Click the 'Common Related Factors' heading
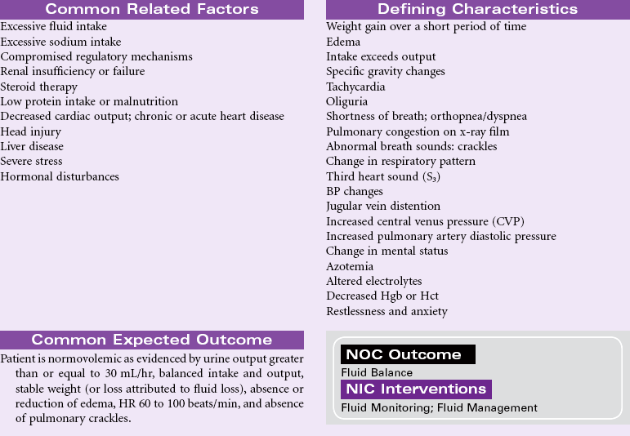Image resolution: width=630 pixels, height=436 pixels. [151, 10]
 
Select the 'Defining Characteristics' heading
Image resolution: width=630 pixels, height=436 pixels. [477, 10]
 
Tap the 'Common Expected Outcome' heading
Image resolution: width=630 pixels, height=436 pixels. [151, 340]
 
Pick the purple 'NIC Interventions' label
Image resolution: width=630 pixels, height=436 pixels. [416, 389]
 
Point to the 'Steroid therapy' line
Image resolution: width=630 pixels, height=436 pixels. [39, 87]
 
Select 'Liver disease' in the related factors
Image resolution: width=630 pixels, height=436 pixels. [32, 147]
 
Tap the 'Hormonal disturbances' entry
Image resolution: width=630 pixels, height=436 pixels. [60, 176]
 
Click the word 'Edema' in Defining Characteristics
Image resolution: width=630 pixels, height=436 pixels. [343, 42]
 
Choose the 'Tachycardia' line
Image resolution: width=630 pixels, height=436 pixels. [355, 87]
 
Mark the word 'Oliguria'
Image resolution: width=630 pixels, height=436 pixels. [347, 101]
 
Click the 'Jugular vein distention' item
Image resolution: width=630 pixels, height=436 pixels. [383, 207]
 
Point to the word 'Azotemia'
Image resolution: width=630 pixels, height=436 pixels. [350, 266]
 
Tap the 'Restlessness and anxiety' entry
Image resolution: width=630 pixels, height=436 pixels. [386, 311]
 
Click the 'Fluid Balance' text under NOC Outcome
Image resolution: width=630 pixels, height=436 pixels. [377, 372]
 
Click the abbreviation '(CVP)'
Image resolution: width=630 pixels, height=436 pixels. [507, 221]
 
